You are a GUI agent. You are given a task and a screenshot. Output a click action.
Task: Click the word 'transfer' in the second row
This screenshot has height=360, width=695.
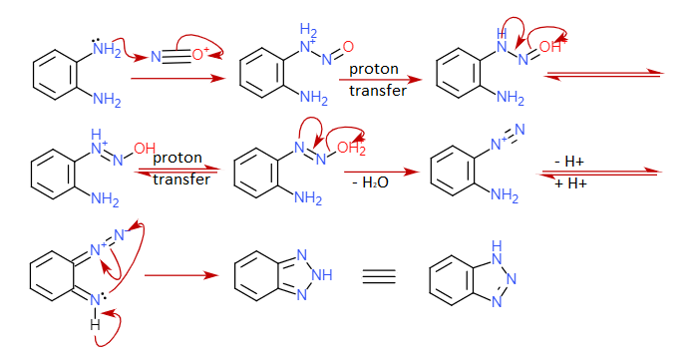pos(180,180)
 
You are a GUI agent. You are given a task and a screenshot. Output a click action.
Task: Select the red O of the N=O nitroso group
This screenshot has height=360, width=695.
pos(348,48)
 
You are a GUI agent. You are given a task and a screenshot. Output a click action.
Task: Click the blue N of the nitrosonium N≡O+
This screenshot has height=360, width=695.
pos(156,57)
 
